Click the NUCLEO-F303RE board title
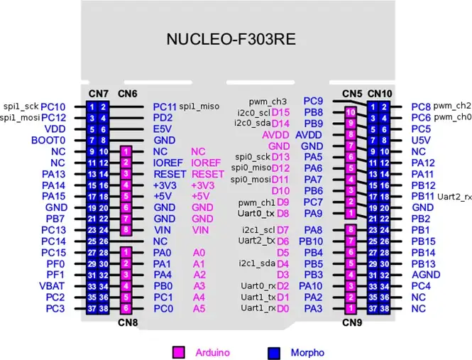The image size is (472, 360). click(236, 38)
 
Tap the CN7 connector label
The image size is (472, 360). click(99, 94)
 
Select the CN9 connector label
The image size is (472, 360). click(351, 322)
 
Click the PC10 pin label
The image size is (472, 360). click(53, 107)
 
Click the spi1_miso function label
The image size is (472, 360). click(199, 107)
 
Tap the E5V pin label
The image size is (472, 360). click(162, 129)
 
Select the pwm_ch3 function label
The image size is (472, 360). click(268, 102)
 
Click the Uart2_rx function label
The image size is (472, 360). click(455, 196)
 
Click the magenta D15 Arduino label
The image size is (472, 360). click(281, 112)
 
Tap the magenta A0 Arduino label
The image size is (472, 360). click(199, 252)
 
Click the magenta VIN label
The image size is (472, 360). click(200, 230)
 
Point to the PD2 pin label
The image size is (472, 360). click(163, 117)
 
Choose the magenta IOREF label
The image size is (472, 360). click(206, 163)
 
